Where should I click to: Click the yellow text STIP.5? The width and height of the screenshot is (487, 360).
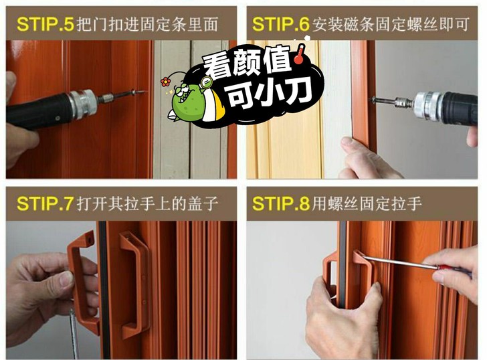point(45,24)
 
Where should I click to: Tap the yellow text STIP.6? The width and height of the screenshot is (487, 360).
point(281,24)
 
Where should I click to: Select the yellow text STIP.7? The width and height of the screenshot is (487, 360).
point(45,204)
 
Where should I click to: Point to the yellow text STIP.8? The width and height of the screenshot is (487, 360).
point(281,204)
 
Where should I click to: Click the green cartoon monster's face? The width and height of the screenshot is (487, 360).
point(187,96)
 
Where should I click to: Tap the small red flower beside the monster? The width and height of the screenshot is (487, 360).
point(165,82)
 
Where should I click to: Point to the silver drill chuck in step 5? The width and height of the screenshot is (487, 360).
point(82,104)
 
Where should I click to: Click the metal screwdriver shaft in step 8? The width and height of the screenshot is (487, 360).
point(400,262)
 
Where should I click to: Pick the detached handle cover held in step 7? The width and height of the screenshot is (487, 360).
point(82,280)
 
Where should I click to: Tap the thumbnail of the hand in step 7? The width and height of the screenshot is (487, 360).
point(66,278)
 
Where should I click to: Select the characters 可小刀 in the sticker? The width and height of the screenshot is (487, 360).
point(270,93)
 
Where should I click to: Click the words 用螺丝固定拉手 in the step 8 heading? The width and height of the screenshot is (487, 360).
point(367,204)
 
